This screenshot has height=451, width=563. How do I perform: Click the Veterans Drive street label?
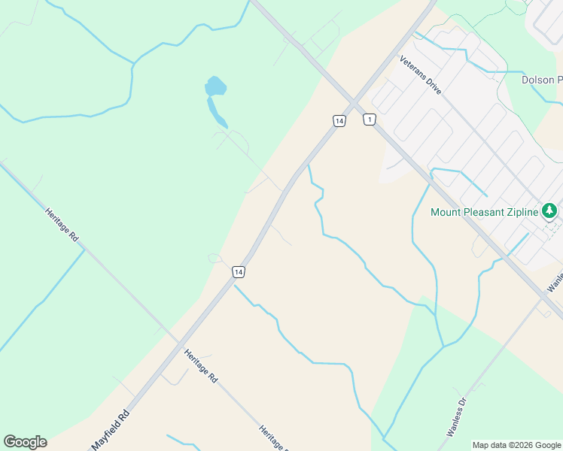pyautogui.click(x=421, y=75)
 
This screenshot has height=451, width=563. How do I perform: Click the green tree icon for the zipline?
pyautogui.click(x=550, y=210)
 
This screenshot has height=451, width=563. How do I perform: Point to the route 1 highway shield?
pyautogui.click(x=369, y=120)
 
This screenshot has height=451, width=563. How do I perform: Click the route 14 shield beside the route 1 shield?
pyautogui.click(x=339, y=120)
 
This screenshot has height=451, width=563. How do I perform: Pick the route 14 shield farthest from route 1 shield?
pyautogui.click(x=238, y=271)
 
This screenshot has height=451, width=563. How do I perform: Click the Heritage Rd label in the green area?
pyautogui.click(x=62, y=225)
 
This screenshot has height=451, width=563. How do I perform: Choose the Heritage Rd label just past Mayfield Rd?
pyautogui.click(x=201, y=366)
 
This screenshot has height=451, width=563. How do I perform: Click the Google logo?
pyautogui.click(x=25, y=442)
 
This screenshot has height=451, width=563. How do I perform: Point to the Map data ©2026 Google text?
pyautogui.click(x=516, y=445)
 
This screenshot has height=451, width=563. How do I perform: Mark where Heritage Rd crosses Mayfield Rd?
pyautogui.click(x=178, y=344)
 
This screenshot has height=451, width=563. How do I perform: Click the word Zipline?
pyautogui.click(x=522, y=212)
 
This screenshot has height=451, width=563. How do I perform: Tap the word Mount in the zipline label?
pyautogui.click(x=446, y=212)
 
